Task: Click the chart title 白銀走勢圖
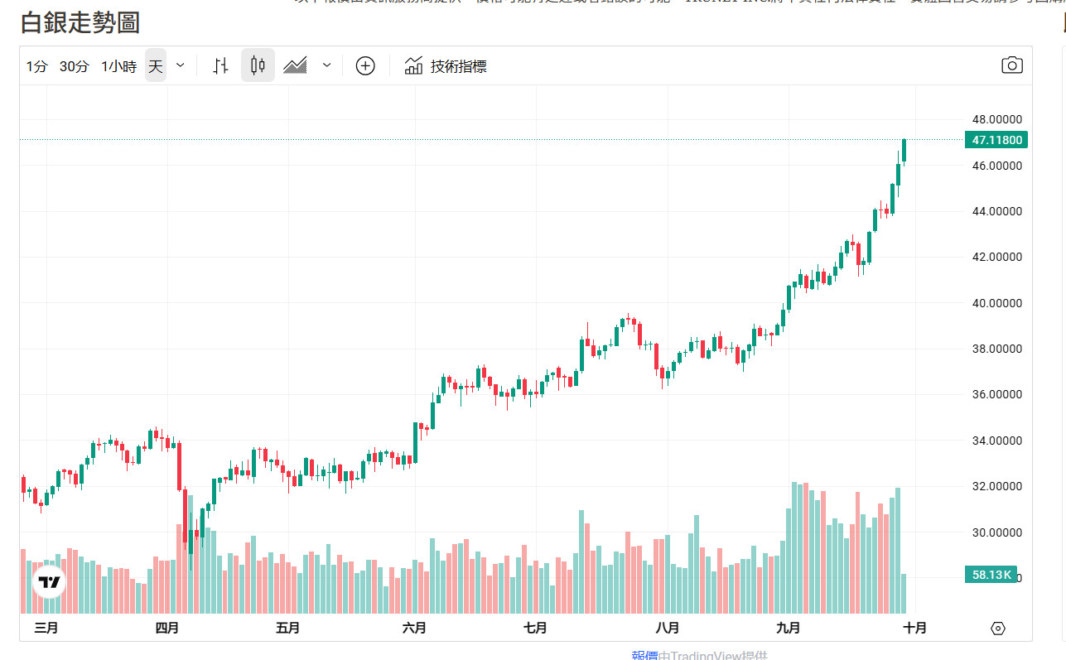point(80,22)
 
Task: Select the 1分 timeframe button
point(36,66)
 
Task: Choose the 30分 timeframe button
point(74,66)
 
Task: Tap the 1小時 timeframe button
point(118,66)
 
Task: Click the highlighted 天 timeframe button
point(156,66)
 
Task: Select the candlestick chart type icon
point(258,65)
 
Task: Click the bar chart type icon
point(220,65)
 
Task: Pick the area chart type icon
point(295,65)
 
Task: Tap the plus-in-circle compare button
point(365,65)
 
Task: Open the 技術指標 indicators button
point(446,66)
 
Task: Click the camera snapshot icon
point(1011,65)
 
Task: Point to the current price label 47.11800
point(996,140)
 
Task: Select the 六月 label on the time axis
point(414,628)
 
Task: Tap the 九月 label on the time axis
point(789,628)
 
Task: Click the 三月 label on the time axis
point(46,628)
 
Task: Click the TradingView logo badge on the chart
point(50,582)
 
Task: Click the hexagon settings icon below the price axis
point(997,629)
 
